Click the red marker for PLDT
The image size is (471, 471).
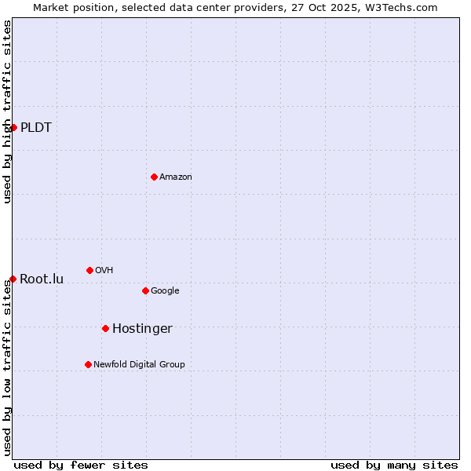coord(13,127)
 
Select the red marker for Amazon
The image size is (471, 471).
coord(154,177)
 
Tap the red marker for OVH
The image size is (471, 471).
coord(89,270)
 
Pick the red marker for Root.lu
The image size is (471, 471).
coord(13,279)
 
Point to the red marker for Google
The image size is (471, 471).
coord(145,290)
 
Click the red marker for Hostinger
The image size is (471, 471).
coord(105,328)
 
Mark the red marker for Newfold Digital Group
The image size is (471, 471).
coord(88,364)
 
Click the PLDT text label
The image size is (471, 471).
coord(36,127)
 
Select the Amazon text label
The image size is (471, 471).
coord(176,177)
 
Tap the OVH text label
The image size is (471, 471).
coord(104,270)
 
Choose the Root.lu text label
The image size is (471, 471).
coord(42,279)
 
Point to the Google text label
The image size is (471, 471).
coord(165,290)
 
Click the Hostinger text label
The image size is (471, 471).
coord(142,328)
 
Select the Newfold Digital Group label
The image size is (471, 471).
coord(139,364)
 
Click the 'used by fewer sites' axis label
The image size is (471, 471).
coord(81,465)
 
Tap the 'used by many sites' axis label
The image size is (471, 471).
coord(394,465)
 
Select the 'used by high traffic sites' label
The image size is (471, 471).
coord(7,111)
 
